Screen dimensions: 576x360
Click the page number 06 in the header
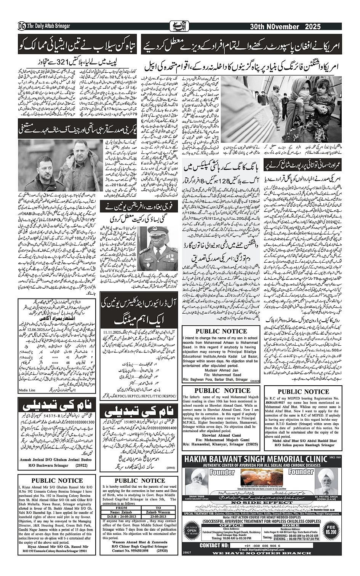click(x=22, y=26)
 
